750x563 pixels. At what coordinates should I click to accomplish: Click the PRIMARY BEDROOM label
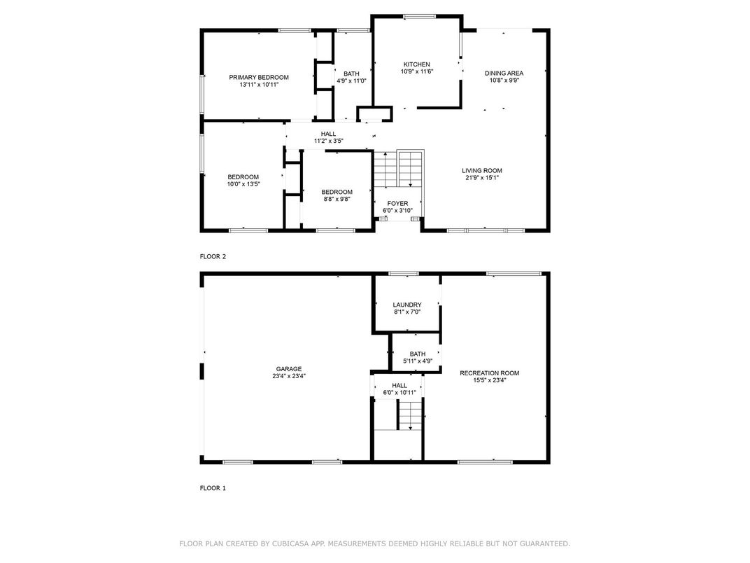pos(259,78)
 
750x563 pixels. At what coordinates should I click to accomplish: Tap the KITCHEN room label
pos(416,64)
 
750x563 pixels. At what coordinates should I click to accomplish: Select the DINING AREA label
pos(504,74)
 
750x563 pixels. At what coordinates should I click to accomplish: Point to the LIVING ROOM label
pos(482,171)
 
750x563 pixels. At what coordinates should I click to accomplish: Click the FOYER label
pos(397,204)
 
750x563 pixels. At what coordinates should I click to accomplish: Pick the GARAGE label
pos(289,369)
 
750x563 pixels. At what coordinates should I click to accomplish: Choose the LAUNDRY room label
pos(407,305)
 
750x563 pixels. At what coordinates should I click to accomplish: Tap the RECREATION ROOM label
pos(489,373)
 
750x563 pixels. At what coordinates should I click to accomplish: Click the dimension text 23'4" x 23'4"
pos(289,376)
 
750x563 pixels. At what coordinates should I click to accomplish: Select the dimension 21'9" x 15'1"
pos(482,178)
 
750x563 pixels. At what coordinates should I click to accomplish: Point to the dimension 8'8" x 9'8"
pos(337,199)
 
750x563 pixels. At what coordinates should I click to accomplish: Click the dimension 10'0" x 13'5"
pos(243,184)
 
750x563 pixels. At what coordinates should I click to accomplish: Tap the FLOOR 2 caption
pos(213,256)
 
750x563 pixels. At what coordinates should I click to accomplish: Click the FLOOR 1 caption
pos(213,488)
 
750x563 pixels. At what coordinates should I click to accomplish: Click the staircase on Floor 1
pos(411,415)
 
